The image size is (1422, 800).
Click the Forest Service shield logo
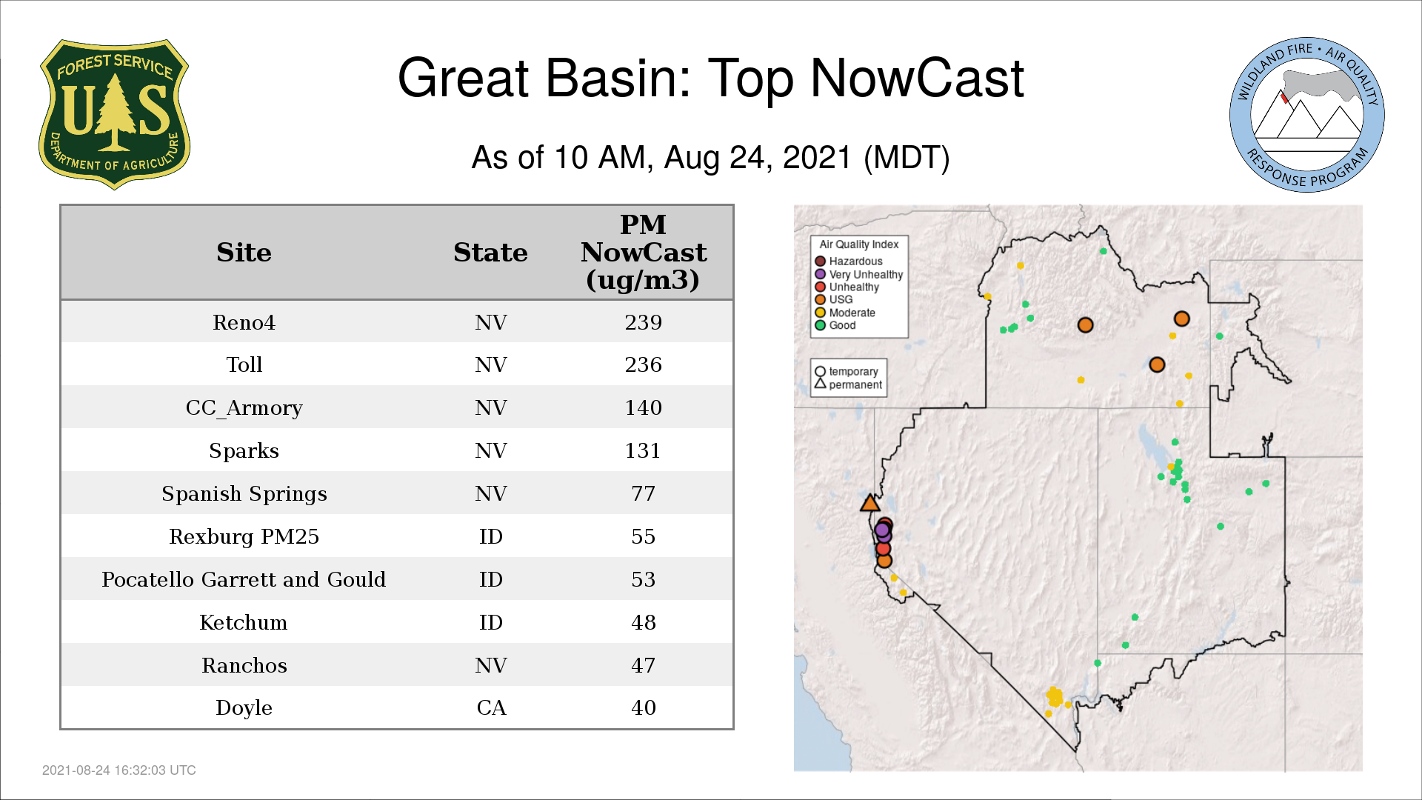[x=114, y=115]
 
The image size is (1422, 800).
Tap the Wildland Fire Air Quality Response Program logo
[x=1307, y=115]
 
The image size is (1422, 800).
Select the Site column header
[x=244, y=253]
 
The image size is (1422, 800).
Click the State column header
[x=490, y=253]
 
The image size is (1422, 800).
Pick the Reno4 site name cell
[x=244, y=322]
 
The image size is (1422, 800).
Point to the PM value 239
[x=643, y=322]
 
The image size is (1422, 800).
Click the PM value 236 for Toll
[x=643, y=364]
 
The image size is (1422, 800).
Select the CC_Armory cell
[x=244, y=408]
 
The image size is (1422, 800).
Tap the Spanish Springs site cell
[x=244, y=494]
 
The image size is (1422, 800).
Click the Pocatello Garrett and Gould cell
[x=244, y=579]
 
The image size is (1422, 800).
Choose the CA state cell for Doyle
[x=491, y=708]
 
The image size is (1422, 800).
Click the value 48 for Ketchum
[x=643, y=622]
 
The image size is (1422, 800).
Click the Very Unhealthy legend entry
[x=859, y=274]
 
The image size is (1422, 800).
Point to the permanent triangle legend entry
[x=848, y=384]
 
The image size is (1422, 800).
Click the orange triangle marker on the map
[x=870, y=504]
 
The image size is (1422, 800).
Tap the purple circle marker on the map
[x=882, y=530]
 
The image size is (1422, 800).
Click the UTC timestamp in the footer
[x=119, y=770]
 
